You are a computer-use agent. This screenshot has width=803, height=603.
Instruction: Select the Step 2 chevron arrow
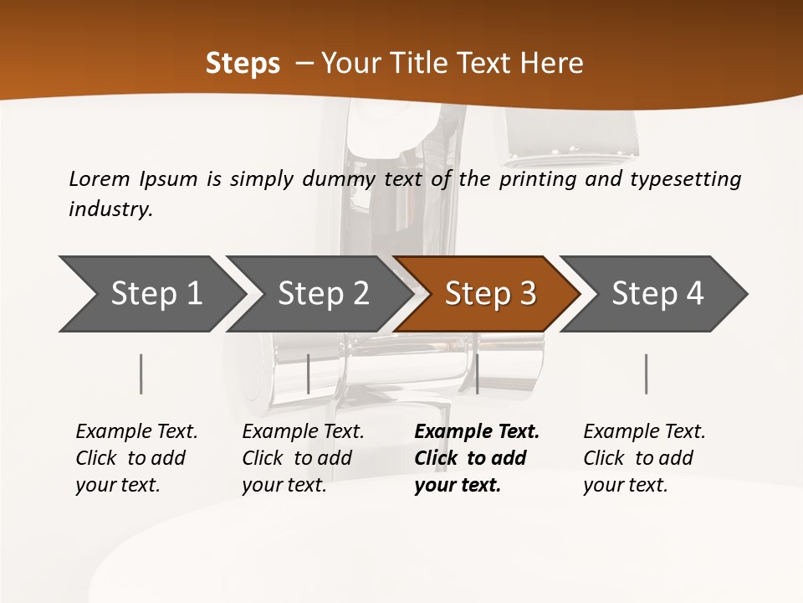[323, 294]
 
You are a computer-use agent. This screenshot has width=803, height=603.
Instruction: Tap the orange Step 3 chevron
[490, 294]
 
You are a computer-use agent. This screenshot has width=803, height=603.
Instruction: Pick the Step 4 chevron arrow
[657, 294]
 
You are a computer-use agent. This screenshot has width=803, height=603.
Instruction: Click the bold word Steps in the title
[243, 63]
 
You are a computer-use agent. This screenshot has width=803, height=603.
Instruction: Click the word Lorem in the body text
[100, 178]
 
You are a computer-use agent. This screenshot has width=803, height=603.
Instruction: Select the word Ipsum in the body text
[168, 178]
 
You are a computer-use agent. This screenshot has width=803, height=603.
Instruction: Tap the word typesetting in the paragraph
[685, 178]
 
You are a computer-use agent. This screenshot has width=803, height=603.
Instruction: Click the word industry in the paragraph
[110, 209]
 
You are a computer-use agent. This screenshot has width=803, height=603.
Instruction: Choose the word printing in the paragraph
[535, 178]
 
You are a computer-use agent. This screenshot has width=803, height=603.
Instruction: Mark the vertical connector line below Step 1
[141, 374]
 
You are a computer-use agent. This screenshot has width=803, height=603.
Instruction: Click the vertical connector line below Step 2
[309, 374]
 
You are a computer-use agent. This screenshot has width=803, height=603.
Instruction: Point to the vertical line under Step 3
[477, 374]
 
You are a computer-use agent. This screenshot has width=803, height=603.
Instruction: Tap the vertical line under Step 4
[646, 374]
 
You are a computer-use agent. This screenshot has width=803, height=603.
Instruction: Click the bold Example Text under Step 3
[477, 457]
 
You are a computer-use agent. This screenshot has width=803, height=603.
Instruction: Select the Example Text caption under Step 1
[136, 457]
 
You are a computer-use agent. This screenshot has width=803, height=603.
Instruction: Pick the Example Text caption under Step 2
[303, 457]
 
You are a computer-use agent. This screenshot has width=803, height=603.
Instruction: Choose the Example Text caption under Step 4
[644, 457]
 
